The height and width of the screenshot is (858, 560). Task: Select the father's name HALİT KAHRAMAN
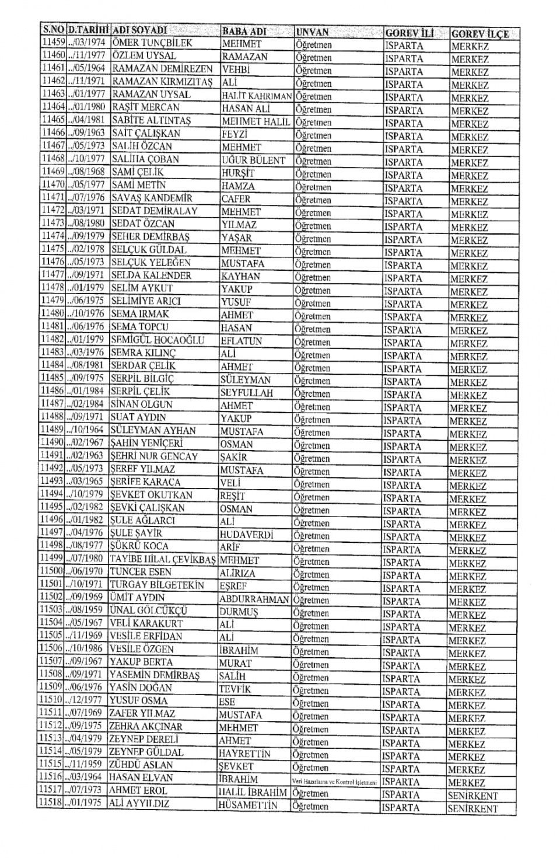tap(257, 96)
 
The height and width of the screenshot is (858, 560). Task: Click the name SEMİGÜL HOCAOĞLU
tap(157, 340)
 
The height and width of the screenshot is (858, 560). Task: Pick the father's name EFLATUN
tap(241, 341)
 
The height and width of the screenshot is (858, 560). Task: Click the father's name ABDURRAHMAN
tap(254, 599)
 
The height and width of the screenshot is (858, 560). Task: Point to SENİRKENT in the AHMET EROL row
tap(473, 796)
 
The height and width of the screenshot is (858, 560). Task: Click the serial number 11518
tap(50, 803)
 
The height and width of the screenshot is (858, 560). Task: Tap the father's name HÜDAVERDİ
tap(246, 534)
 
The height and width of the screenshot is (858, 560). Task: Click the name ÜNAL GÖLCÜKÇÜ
tap(148, 611)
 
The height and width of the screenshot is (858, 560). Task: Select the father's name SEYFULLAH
tap(246, 393)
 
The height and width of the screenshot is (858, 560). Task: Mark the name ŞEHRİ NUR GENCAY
tap(154, 456)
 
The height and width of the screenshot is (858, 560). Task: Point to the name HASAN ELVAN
tap(141, 777)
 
